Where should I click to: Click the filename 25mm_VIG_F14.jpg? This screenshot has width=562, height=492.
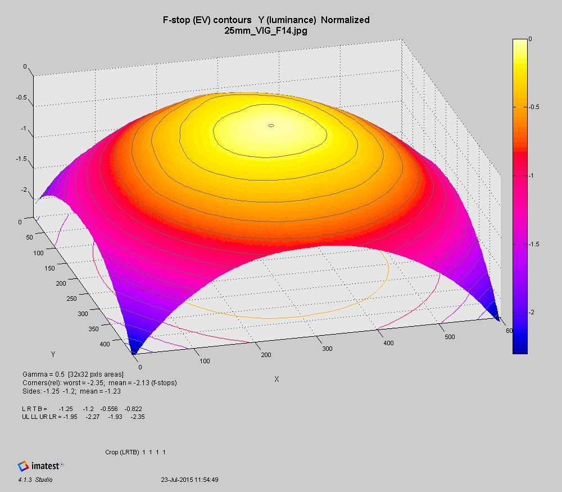coord(265,30)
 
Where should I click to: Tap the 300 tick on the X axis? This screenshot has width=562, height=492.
coord(327,349)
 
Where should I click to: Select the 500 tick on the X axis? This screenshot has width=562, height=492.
coord(449,337)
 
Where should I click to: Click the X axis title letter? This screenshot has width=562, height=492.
coord(277,379)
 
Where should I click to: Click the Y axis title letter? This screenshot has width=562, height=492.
coord(53,354)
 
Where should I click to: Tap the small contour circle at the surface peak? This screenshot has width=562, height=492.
coord(271,126)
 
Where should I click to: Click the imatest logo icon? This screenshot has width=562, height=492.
coord(23,466)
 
